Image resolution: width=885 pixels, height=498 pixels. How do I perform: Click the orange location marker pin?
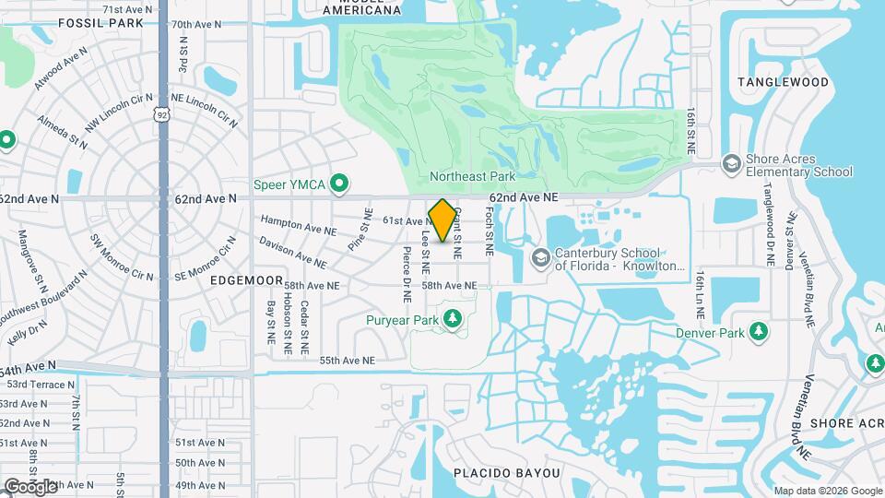pyautogui.click(x=442, y=220)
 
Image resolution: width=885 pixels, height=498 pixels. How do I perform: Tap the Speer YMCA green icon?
pyautogui.click(x=339, y=184)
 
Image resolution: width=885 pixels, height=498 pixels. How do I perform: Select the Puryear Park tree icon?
pyautogui.click(x=452, y=319)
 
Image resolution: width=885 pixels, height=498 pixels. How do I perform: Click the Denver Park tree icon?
pyautogui.click(x=759, y=332)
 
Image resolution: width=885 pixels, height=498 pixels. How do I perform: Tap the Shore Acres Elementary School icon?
pyautogui.click(x=731, y=163)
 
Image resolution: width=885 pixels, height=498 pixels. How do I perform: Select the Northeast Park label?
pyautogui.click(x=472, y=175)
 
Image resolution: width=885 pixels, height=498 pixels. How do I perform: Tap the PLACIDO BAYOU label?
pyautogui.click(x=506, y=473)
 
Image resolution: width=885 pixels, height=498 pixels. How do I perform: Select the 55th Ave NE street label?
pyautogui.click(x=348, y=360)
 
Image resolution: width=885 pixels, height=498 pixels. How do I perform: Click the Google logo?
pyautogui.click(x=30, y=486)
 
